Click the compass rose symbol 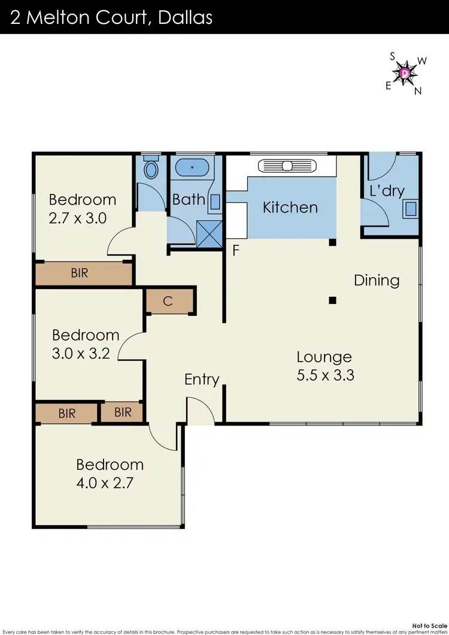tap(406, 73)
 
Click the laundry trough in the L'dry tap(411, 208)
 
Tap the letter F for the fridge tap(236, 250)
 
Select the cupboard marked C tap(169, 301)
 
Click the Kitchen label tap(290, 208)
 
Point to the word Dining tap(376, 280)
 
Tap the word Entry tap(202, 379)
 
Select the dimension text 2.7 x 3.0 tap(78, 218)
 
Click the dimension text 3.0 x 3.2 tap(81, 353)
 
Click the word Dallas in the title tap(185, 17)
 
